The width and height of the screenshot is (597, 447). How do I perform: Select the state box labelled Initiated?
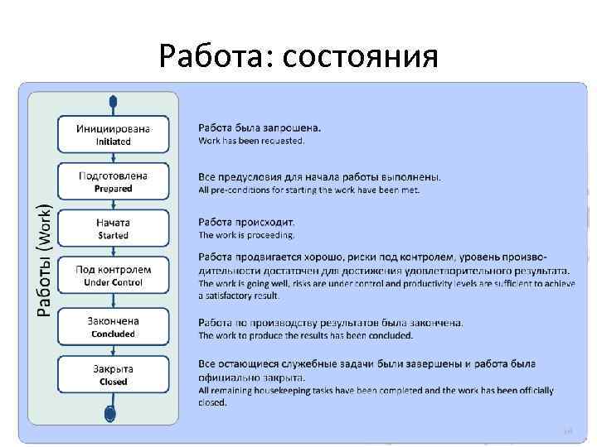(x=114, y=134)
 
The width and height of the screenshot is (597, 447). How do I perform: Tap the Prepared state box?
(x=114, y=181)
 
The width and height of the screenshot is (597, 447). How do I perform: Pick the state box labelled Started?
(x=114, y=228)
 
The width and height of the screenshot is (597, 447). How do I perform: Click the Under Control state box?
(x=114, y=276)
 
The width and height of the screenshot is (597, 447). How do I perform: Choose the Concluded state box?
(x=114, y=327)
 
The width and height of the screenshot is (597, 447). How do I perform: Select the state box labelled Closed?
(x=114, y=374)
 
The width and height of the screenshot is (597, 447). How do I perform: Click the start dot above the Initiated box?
(x=113, y=101)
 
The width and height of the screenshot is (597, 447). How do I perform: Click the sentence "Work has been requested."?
(x=251, y=141)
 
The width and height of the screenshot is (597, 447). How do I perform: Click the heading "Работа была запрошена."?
(x=260, y=127)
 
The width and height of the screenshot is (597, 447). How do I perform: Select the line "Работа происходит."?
(x=246, y=222)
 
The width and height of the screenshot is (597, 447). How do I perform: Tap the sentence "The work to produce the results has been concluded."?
(x=305, y=335)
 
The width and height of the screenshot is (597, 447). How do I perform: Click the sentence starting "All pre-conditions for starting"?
(x=308, y=190)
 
